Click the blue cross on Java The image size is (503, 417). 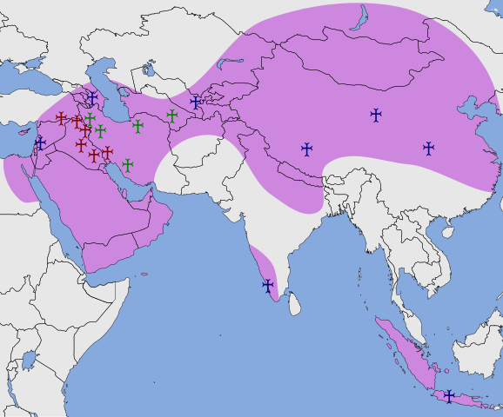(449, 396)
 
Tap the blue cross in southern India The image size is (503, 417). (267, 285)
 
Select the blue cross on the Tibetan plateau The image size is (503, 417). (306, 149)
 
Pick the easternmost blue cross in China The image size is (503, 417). (428, 148)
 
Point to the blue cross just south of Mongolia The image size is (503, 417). (376, 114)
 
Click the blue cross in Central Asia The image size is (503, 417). (196, 102)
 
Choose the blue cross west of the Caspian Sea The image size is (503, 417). (92, 98)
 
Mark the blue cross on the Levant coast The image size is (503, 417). (39, 143)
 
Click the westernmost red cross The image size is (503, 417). (61, 117)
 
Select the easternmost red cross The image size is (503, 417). (107, 152)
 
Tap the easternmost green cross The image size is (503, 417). (172, 116)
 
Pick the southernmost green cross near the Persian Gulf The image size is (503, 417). (128, 164)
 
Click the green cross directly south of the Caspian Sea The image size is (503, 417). (137, 126)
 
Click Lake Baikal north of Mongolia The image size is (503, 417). (359, 19)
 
